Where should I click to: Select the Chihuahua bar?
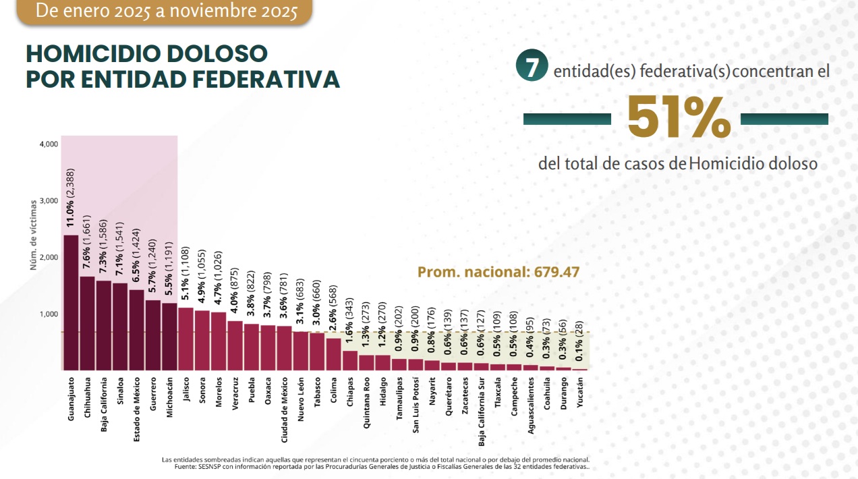pos(87,323)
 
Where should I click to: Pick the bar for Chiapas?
pos(350,360)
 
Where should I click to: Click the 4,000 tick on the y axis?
pos(49,144)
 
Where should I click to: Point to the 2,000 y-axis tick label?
pos(49,257)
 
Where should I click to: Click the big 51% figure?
pos(678,119)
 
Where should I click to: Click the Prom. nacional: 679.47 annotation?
pos(498,272)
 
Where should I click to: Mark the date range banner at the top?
pos(165,11)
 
